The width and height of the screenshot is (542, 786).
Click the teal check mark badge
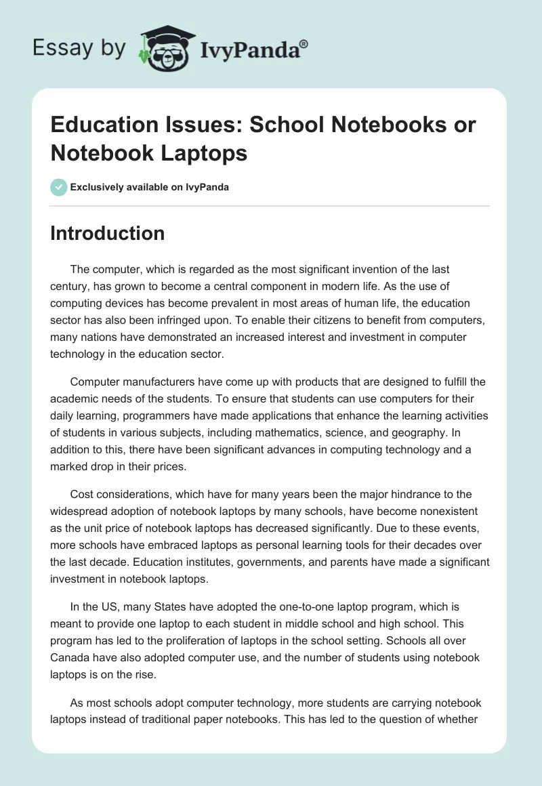[58, 187]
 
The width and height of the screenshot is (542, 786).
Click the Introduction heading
[108, 234]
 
